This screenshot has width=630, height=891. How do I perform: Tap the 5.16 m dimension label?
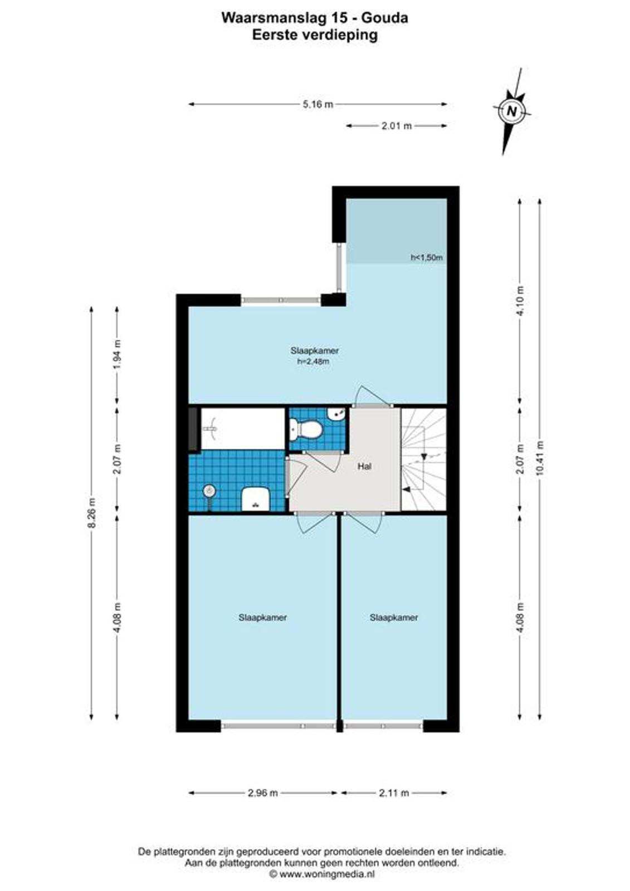point(318,104)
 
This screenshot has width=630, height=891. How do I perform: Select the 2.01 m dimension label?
point(397,126)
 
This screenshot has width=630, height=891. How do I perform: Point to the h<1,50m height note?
point(427,257)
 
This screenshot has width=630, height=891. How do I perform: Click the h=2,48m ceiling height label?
point(314,361)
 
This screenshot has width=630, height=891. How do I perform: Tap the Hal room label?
point(364,466)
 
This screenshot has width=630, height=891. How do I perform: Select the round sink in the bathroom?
point(209,492)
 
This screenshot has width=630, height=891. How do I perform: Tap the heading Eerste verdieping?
point(315,35)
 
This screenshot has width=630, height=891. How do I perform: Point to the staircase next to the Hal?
point(423,459)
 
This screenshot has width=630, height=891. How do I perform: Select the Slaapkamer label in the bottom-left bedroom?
point(263,618)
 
